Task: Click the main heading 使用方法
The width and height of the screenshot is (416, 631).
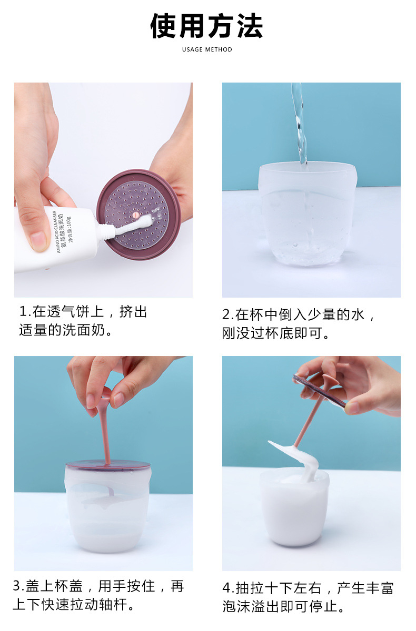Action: pyautogui.click(x=207, y=26)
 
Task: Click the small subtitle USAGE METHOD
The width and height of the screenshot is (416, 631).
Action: pyautogui.click(x=207, y=49)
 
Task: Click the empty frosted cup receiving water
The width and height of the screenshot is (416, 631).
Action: pyautogui.click(x=308, y=216)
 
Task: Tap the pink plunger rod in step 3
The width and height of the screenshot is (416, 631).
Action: pyautogui.click(x=105, y=431)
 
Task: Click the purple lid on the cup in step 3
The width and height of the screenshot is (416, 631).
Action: pyautogui.click(x=108, y=465)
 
